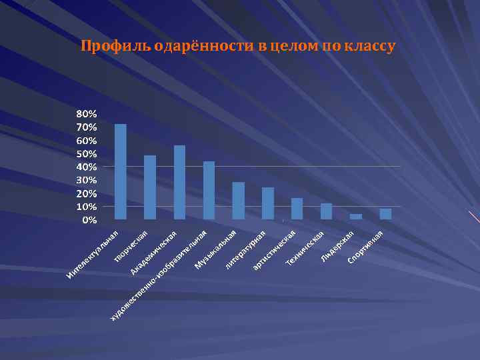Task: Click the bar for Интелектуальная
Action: click(121, 171)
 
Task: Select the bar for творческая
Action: click(150, 187)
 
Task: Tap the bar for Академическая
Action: click(179, 182)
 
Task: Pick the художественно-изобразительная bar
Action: click(209, 190)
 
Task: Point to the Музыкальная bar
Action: click(238, 201)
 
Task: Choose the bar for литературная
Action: click(268, 203)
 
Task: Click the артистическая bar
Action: click(297, 209)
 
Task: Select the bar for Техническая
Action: click(327, 211)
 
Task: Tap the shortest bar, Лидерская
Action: click(356, 217)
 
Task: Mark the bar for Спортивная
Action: click(385, 214)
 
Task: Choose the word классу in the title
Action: click(371, 47)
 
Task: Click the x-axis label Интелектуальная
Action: click(93, 255)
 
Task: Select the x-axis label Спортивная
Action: click(365, 247)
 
